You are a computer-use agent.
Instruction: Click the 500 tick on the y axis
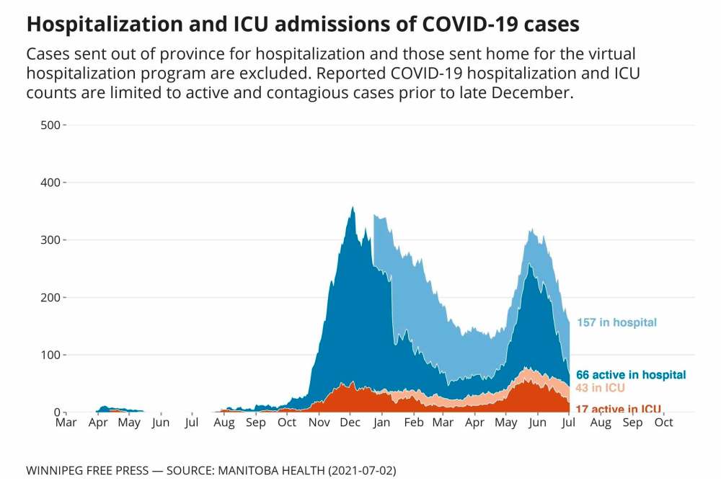coord(51,125)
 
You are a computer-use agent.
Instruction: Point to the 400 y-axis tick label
coord(51,182)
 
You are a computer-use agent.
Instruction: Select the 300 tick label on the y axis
coord(51,240)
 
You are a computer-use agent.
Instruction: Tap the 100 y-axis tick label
coord(51,355)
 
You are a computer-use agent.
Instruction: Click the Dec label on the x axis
coord(350,423)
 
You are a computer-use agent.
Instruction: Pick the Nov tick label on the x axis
coord(319,423)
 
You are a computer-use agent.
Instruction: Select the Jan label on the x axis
coord(383,423)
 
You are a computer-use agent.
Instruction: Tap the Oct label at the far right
coord(663,423)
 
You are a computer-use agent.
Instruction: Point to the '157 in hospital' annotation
coord(616,322)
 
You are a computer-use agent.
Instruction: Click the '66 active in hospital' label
coord(631,375)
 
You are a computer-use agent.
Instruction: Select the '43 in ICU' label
coord(600,388)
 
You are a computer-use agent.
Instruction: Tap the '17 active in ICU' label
coord(619,409)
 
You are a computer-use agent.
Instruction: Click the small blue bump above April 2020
coord(105,408)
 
